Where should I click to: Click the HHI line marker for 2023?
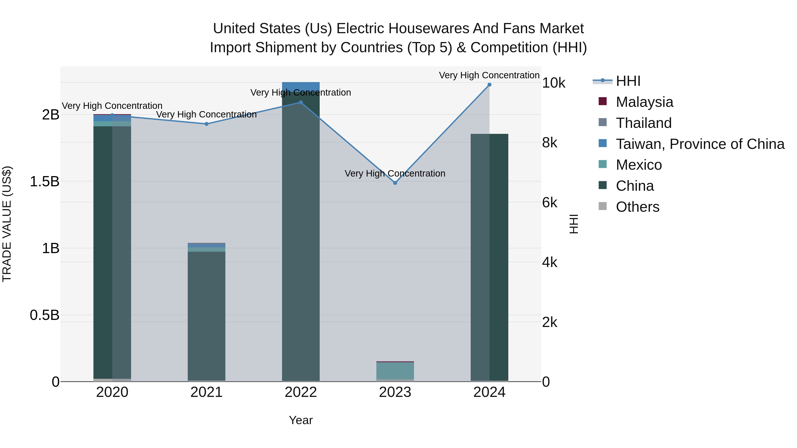click(395, 183)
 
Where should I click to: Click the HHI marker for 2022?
click(301, 102)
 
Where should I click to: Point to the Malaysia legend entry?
click(644, 102)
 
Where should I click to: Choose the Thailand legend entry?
click(644, 123)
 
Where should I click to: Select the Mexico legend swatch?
click(603, 164)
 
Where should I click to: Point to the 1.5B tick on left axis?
click(44, 181)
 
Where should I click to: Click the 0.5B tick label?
click(44, 315)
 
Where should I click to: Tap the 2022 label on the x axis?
click(301, 392)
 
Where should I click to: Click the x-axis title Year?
click(301, 420)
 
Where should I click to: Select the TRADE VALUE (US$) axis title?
click(7, 224)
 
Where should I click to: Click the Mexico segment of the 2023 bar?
click(395, 370)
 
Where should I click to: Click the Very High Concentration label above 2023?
click(395, 173)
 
